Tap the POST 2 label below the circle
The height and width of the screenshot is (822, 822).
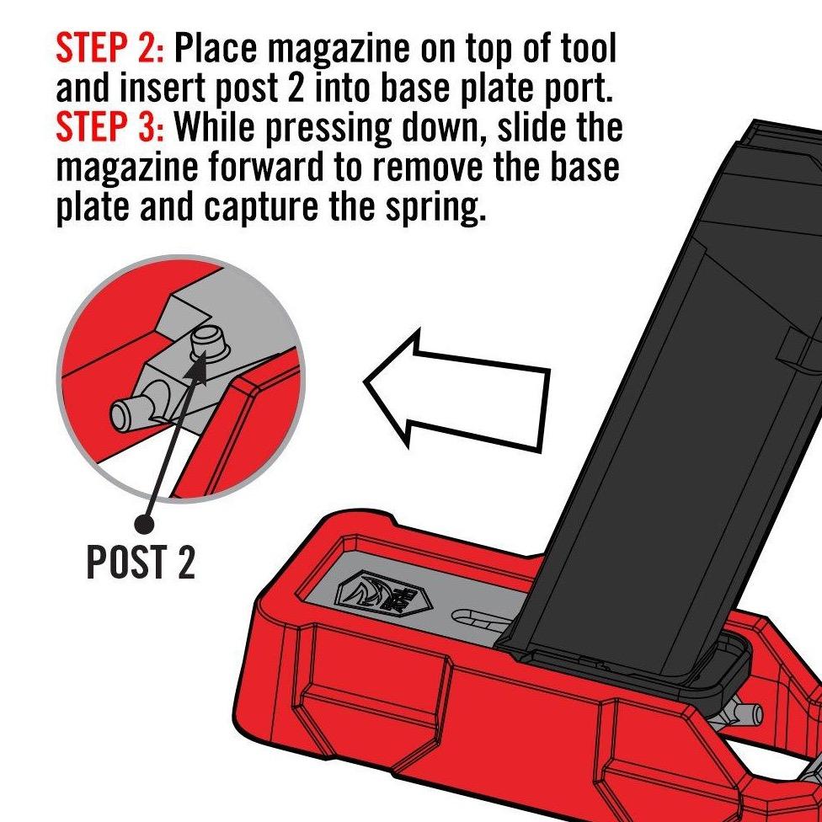pyautogui.click(x=141, y=562)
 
